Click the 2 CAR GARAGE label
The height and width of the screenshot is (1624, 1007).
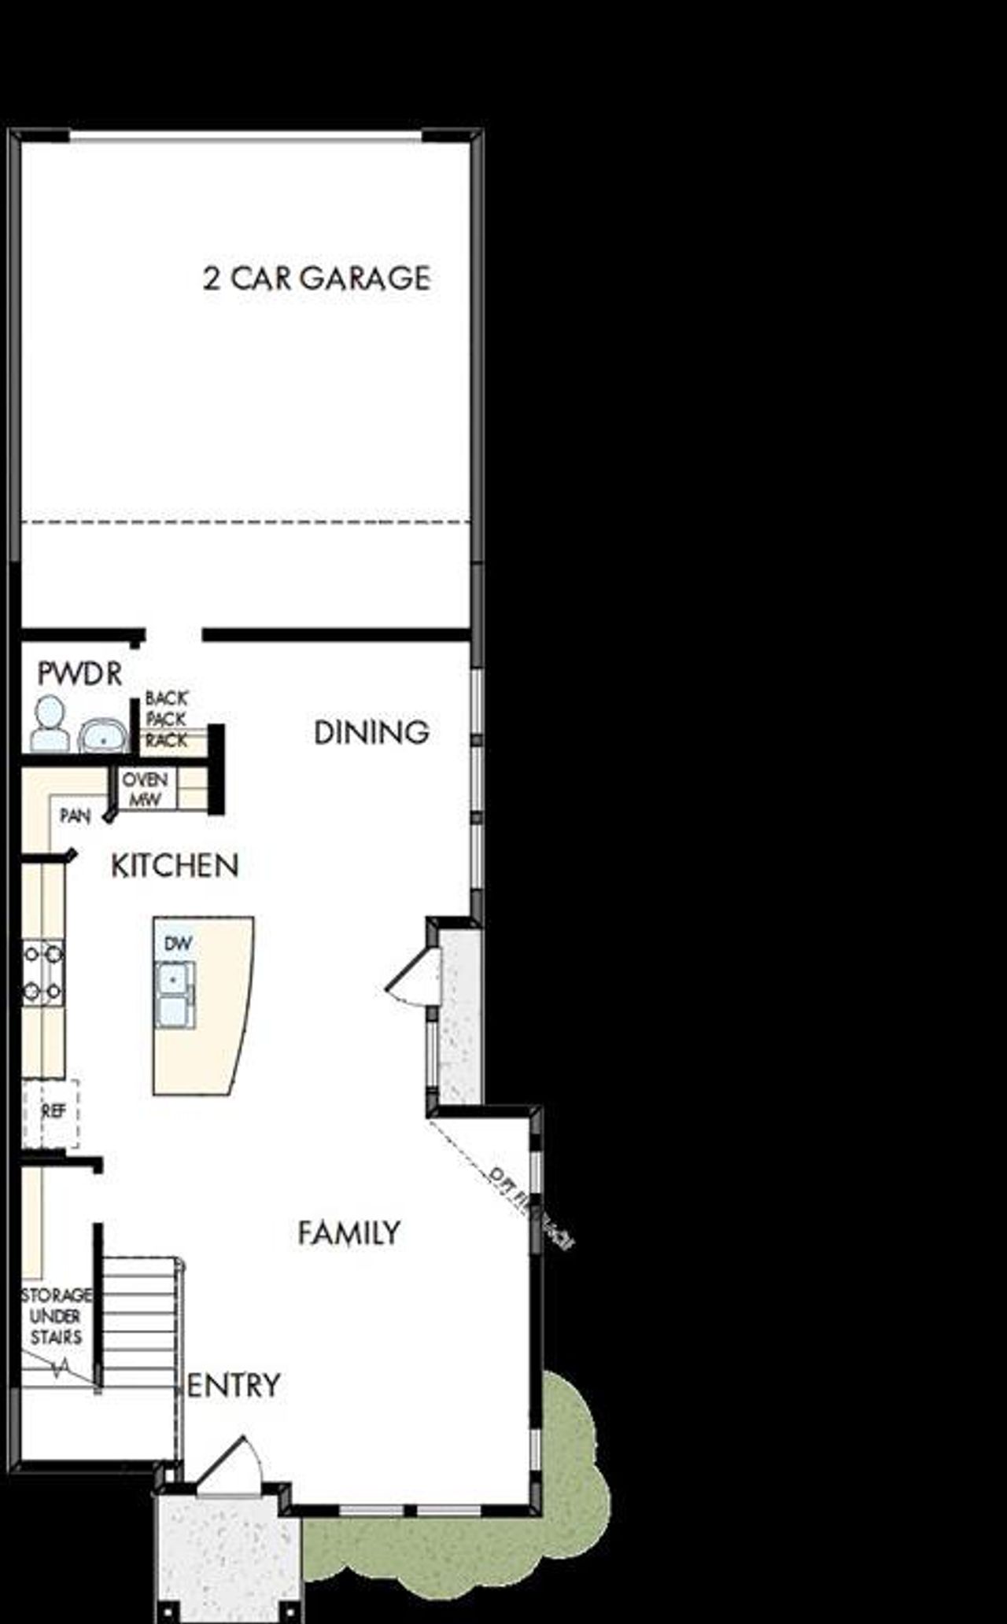tap(316, 278)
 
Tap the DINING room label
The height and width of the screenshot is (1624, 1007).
tap(371, 733)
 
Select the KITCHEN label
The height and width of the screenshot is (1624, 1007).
tap(175, 866)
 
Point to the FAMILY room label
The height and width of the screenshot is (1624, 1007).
tap(349, 1232)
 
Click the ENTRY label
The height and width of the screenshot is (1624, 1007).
tap(234, 1385)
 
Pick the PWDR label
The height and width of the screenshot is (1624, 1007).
tap(79, 674)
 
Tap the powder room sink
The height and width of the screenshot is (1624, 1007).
tap(102, 737)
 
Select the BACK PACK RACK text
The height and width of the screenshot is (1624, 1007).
tap(166, 719)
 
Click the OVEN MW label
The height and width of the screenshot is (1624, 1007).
tap(145, 789)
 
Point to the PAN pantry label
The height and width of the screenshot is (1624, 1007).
tap(76, 816)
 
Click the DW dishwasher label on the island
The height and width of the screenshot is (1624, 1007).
tap(178, 943)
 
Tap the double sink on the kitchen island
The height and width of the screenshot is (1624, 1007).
tap(174, 994)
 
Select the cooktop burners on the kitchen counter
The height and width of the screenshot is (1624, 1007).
tap(42, 973)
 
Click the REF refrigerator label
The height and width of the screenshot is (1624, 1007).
tap(53, 1111)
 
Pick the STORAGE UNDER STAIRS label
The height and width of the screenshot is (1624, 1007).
tap(56, 1316)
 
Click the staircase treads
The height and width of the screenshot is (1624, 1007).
tap(140, 1321)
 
